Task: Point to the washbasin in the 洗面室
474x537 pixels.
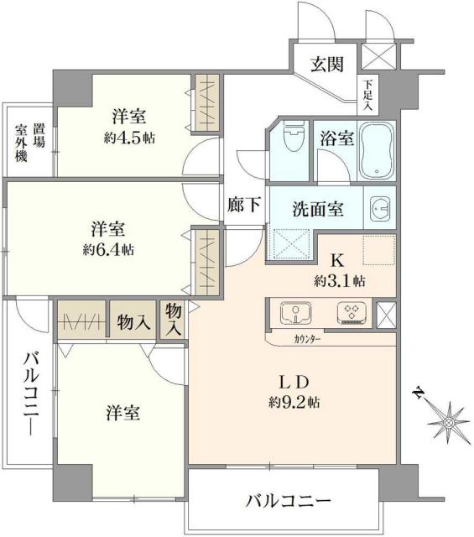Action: coord(379,210)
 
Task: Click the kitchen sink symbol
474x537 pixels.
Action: coord(295,313)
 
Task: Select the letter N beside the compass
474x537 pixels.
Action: coord(417,392)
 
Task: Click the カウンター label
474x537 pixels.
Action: coord(307,341)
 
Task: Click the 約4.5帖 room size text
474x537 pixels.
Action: coord(129,137)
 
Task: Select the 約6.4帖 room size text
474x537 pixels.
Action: coord(108,249)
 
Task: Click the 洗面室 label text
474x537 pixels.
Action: coord(316,210)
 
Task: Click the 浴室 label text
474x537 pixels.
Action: coord(336,138)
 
